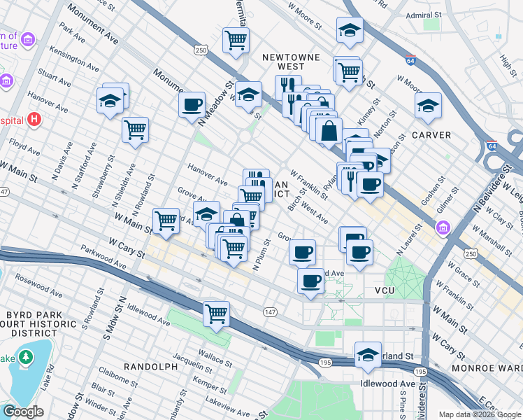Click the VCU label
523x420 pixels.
385,290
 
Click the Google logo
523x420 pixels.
24,412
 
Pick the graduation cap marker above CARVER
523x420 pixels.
428,106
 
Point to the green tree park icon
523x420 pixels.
26,358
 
